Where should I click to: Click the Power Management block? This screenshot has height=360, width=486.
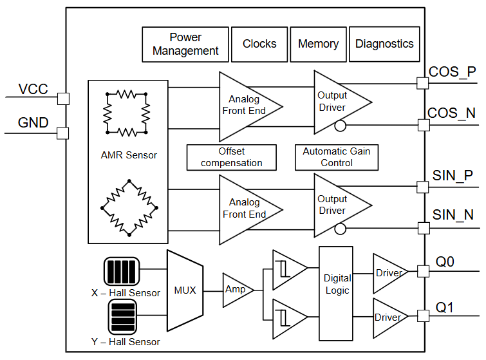185,44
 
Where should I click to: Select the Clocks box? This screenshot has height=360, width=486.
259,44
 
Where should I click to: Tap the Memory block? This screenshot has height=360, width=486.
318,44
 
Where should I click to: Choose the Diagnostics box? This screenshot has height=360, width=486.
384,44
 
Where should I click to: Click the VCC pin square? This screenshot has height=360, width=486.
63,98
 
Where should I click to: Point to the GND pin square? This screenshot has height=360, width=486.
63,133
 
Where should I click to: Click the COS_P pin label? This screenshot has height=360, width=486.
453,71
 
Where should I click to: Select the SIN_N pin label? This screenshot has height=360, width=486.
453,214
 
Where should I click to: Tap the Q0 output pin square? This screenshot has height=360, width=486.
423,272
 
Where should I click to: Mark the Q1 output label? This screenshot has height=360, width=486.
445,307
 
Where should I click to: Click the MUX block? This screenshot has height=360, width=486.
185,290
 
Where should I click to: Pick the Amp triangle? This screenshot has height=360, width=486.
236,290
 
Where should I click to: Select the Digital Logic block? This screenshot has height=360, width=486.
336,285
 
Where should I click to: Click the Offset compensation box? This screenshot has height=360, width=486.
231,157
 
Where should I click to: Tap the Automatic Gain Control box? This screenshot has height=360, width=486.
336,157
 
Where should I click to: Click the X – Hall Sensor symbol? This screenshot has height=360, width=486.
122,271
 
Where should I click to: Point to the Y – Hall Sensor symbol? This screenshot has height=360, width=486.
122,316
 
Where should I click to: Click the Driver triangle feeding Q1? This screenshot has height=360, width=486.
388,317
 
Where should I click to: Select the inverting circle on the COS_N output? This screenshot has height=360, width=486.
341,126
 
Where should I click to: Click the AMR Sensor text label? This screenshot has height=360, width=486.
129,155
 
